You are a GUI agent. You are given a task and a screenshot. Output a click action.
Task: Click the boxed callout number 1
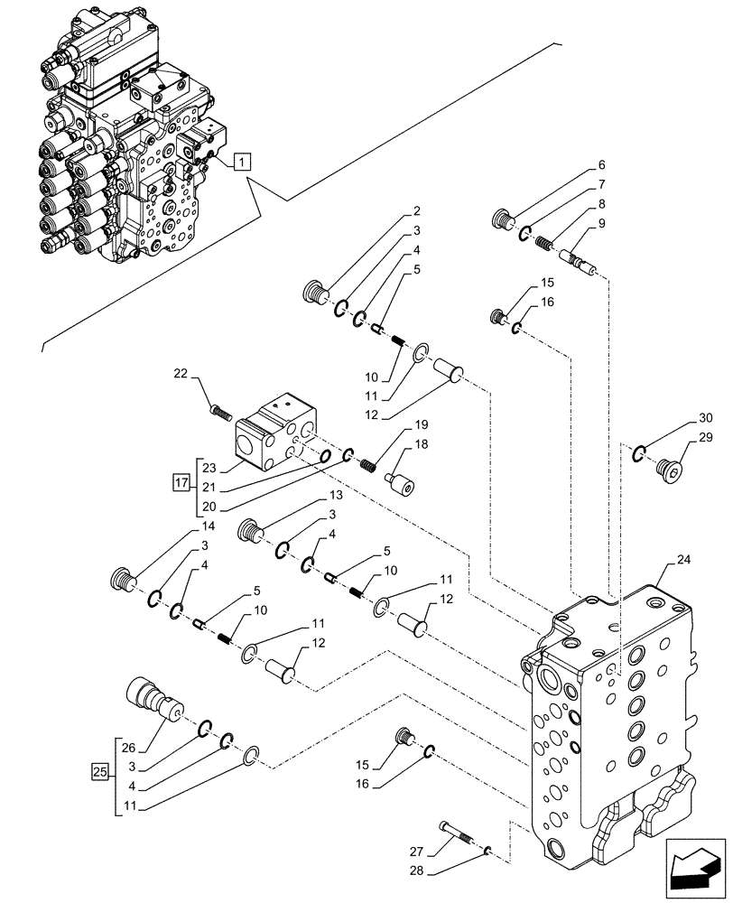pyautogui.click(x=242, y=162)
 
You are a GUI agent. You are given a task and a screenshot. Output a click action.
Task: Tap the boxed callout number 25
pyautogui.click(x=101, y=772)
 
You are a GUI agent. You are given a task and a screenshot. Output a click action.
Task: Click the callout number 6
pyautogui.click(x=602, y=166)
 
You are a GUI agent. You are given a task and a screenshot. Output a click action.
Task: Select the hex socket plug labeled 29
pyautogui.click(x=672, y=469)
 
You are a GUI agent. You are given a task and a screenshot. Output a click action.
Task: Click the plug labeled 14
pyautogui.click(x=122, y=578)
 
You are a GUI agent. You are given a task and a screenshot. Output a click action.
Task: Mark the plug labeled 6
pyautogui.click(x=501, y=219)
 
